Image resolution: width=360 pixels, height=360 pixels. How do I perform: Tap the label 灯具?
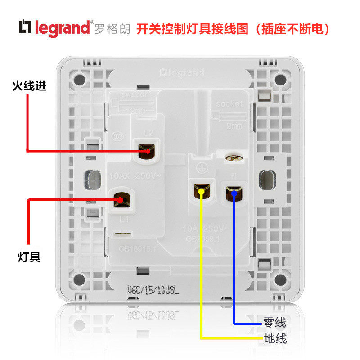(x=29, y=257)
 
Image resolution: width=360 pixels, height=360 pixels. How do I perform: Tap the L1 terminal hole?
(x=120, y=199)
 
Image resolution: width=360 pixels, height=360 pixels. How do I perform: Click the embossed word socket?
(x=229, y=103)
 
